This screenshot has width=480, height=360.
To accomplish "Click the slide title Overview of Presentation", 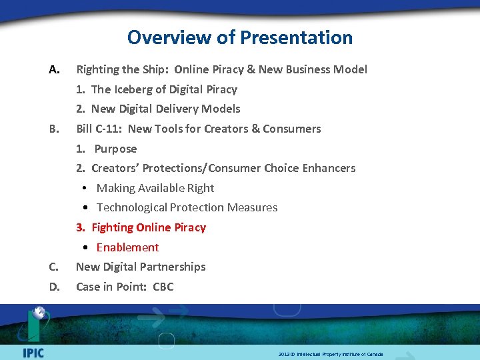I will [240, 37].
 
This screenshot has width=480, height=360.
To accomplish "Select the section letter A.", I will [55, 69].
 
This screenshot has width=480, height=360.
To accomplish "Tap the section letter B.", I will [54, 129].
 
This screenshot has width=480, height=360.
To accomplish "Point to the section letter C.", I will [54, 267].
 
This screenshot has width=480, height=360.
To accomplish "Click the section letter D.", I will [55, 287].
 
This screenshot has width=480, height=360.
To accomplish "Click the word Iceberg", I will [133, 89].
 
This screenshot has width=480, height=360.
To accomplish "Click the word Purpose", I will [115, 149].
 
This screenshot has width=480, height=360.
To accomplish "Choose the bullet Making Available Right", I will [155, 188].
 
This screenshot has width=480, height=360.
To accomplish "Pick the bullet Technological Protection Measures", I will [187, 207].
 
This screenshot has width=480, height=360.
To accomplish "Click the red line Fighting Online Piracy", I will [148, 227].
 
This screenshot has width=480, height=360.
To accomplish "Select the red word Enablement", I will [127, 247].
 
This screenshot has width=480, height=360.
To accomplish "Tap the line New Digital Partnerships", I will [141, 267].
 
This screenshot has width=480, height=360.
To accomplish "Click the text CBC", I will [163, 287].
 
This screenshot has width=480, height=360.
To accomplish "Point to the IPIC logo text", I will [33, 351].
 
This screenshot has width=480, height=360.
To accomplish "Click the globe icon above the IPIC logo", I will [39, 313].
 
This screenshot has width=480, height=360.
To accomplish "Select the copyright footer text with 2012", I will [331, 354].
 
